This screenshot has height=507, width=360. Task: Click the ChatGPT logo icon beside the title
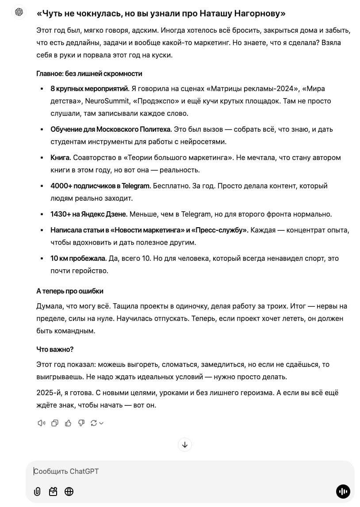19,12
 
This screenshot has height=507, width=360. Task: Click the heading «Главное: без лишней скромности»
89,73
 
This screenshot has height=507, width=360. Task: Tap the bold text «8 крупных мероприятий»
90,88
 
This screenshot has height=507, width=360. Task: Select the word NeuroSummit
104,101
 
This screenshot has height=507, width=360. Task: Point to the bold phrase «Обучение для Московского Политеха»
111,129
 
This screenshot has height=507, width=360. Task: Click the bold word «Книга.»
61,157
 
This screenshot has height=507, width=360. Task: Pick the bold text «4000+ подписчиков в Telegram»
100,186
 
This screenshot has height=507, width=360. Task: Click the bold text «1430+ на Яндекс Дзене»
89,214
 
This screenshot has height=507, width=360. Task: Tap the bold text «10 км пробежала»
78,258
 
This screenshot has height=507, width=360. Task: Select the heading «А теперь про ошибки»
70,291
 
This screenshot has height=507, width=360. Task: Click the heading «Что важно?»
55,349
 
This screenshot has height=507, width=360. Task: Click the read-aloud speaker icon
42,423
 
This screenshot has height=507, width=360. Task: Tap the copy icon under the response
55,423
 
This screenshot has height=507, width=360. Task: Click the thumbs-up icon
68,423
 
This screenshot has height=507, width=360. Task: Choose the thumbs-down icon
81,423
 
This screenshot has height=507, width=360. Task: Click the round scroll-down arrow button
184,445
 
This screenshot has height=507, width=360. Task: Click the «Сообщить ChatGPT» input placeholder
67,471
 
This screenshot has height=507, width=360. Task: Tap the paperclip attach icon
37,492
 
